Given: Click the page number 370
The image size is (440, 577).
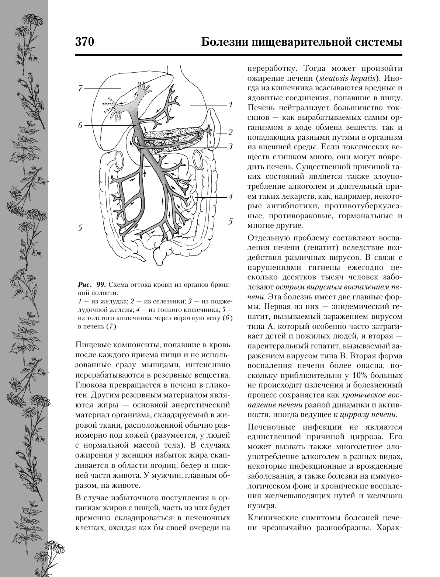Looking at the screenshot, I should click(85, 42).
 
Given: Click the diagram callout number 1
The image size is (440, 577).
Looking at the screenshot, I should click(230, 105).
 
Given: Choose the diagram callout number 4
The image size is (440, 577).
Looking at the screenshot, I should click(230, 197).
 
